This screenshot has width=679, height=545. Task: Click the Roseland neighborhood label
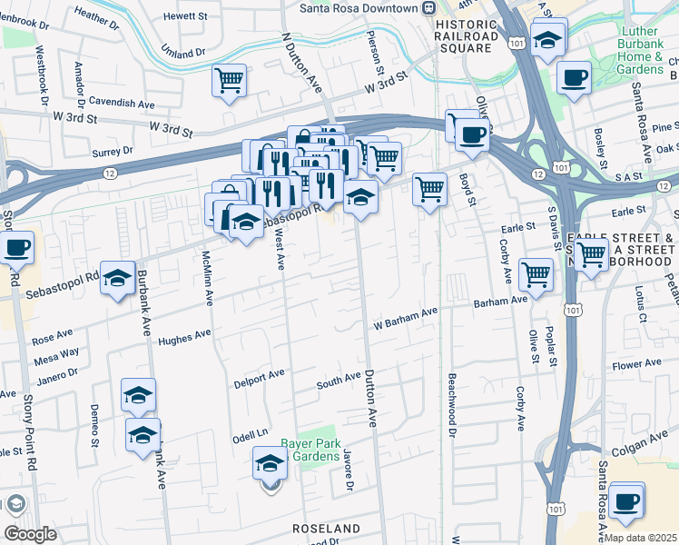pyautogui.click(x=326, y=528)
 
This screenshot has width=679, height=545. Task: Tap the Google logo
pyautogui.click(x=30, y=534)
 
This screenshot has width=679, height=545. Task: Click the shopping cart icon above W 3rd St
pyautogui.click(x=230, y=80)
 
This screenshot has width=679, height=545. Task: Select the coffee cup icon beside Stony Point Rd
pyautogui.click(x=17, y=246)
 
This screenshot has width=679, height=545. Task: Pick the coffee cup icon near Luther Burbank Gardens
pyautogui.click(x=574, y=77)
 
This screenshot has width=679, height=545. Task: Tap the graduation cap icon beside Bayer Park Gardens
pyautogui.click(x=270, y=463)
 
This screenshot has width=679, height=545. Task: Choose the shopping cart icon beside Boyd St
pyautogui.click(x=429, y=189)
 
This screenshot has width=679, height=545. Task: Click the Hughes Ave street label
pyautogui.click(x=184, y=339)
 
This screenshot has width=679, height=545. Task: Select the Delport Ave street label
pyautogui.click(x=258, y=372)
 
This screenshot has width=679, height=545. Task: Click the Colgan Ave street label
pyautogui.click(x=650, y=442)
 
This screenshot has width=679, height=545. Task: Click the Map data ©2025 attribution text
pyautogui.click(x=640, y=537)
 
